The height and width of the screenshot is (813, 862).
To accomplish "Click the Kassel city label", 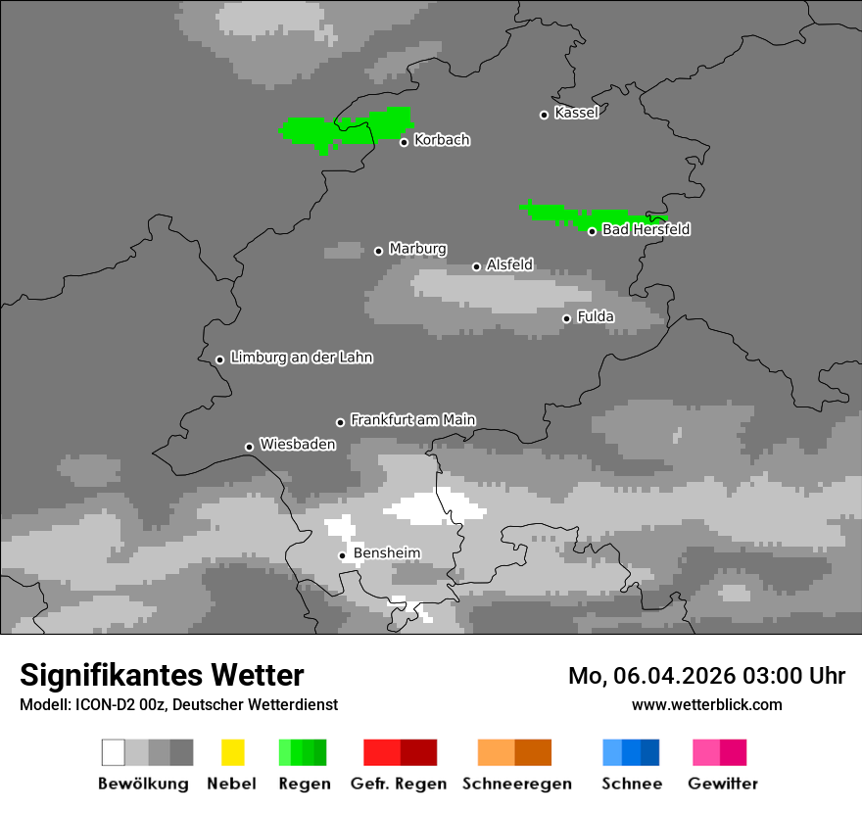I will click(x=576, y=113).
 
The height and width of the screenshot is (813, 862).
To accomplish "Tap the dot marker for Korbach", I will click(x=404, y=142).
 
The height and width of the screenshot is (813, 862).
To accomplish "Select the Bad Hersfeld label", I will click(x=646, y=229).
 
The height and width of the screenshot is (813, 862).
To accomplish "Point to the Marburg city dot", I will click(x=379, y=251).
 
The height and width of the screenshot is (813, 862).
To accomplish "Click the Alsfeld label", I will click(x=509, y=264).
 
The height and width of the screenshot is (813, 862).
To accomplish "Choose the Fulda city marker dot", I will click(x=566, y=318).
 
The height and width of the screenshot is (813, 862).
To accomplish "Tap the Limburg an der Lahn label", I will click(x=301, y=358).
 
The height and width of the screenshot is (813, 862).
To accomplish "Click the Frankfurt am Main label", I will click(x=412, y=419).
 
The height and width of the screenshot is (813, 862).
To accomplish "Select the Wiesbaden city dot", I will click(x=249, y=447).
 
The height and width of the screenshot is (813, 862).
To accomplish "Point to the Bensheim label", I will click(x=386, y=553).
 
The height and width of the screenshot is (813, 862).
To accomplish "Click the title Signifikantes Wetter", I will click(x=162, y=675).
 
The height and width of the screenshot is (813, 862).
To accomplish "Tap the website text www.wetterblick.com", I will click(x=706, y=704).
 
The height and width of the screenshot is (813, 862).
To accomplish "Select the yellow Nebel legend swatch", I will click(x=232, y=752).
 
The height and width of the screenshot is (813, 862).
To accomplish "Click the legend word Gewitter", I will click(x=722, y=784).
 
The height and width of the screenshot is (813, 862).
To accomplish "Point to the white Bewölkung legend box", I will click(x=114, y=752).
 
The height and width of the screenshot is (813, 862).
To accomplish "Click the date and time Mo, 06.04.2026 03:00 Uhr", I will click(x=706, y=676).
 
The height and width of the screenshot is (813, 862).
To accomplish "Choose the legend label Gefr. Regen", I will click(x=399, y=784).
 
